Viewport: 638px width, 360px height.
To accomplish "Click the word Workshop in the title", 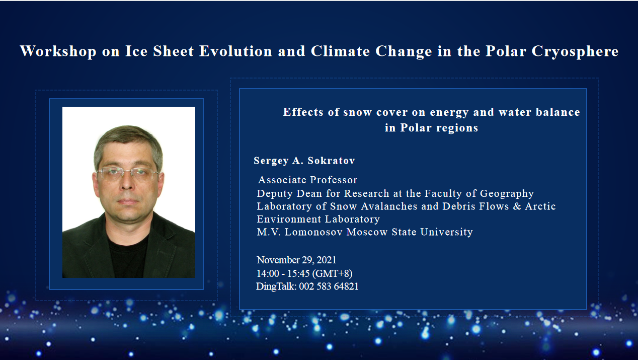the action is (x=58, y=51).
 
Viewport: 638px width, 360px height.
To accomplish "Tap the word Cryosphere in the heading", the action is (x=575, y=51).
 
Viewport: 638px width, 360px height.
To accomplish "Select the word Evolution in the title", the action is (x=235, y=51).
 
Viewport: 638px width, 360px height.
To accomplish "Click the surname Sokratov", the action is (x=331, y=161).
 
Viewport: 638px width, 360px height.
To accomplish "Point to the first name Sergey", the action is (x=271, y=161).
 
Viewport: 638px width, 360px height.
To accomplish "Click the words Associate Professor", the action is (x=307, y=180).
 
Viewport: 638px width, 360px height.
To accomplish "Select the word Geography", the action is (x=507, y=194).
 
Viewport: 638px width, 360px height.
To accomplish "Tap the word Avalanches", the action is (x=389, y=206).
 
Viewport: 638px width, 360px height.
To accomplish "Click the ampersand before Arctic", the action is (x=517, y=206).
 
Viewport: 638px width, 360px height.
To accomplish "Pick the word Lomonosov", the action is (x=313, y=232).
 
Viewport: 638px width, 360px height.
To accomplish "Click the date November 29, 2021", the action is (x=296, y=260).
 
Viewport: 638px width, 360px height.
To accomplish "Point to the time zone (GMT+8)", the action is (x=333, y=273).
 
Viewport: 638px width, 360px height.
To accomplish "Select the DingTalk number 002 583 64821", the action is (x=329, y=286).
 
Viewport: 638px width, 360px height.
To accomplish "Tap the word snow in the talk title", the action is (x=357, y=112).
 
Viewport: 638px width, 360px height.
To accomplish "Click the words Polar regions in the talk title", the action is (x=439, y=128).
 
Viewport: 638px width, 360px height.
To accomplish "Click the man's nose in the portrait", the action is (x=127, y=182).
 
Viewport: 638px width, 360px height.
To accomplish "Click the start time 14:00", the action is (x=268, y=273).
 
